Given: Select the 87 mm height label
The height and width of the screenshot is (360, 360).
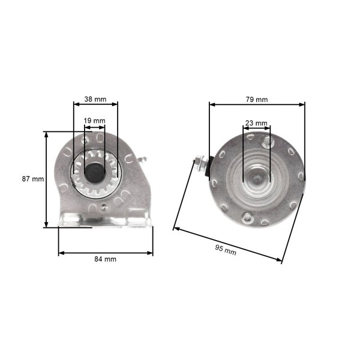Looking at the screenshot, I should click(34, 179).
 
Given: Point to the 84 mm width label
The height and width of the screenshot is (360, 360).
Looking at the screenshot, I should click(106, 259).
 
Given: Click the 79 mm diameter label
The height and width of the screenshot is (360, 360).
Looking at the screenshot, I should click(257, 99).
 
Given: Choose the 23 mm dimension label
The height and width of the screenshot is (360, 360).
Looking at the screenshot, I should click(256, 123).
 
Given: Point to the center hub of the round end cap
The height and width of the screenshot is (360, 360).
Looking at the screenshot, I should click(256, 179).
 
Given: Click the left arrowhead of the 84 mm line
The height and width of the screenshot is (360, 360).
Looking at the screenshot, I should click(60, 253).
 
